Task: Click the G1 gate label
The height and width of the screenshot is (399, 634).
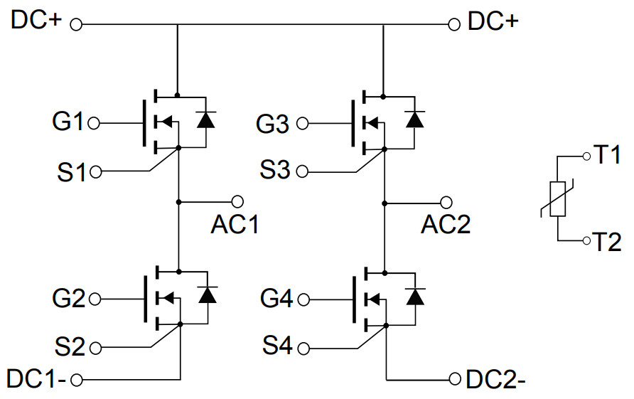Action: pos(68,122)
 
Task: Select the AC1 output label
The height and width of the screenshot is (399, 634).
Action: pos(235,224)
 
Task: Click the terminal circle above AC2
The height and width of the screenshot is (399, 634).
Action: pos(446,202)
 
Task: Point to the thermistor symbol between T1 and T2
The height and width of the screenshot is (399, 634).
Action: pos(558,199)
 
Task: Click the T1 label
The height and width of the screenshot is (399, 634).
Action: pos(608,154)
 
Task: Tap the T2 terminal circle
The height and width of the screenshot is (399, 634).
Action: pos(586,241)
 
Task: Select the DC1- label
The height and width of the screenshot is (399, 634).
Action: pos(36,378)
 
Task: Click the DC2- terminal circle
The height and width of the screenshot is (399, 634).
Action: pos(455,378)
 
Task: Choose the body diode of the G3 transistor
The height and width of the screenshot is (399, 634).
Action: pos(414,119)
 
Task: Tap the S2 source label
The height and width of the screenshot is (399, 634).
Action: pos(69,347)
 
